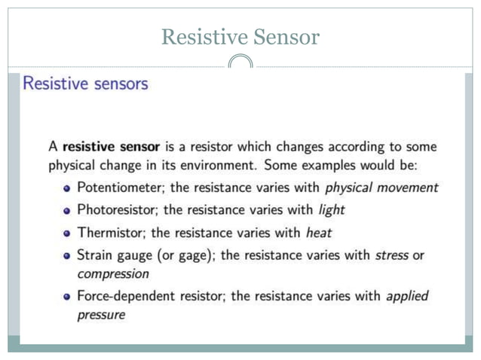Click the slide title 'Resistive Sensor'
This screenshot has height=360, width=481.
[240, 36]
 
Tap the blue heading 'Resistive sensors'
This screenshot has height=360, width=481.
[85, 84]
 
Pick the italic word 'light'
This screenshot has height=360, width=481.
[331, 209]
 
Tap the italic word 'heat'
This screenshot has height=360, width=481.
[318, 232]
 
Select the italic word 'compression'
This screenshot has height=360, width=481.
[113, 273]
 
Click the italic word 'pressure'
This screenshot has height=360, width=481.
[101, 315]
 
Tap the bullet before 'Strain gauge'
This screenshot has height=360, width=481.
[67, 256]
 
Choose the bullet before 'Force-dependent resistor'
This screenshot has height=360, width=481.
[67, 297]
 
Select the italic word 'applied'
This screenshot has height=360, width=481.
[407, 296]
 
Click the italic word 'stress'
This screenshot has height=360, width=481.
[392, 255]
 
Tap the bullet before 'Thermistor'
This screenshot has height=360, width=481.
[67, 233]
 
